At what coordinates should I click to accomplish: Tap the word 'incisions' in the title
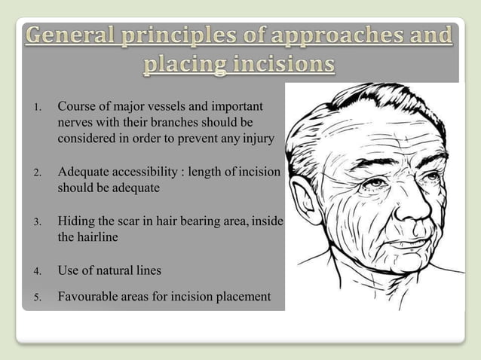coord(281,65)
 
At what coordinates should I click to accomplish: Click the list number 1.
coord(35,107)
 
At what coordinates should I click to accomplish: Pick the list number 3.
coord(35,223)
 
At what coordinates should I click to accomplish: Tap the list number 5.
coord(35,297)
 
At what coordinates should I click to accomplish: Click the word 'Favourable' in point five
coord(86,296)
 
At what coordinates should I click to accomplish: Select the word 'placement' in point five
coord(244,296)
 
